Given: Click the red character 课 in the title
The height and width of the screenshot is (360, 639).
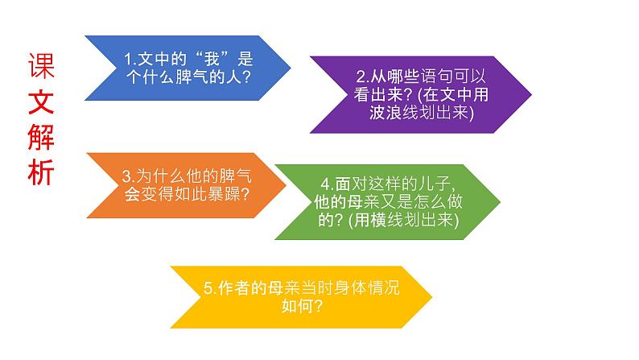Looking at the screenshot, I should point(42,66).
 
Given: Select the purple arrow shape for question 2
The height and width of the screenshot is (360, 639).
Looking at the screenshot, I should point(418,95).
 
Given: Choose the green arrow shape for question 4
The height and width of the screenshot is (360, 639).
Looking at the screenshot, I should point(386,201).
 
